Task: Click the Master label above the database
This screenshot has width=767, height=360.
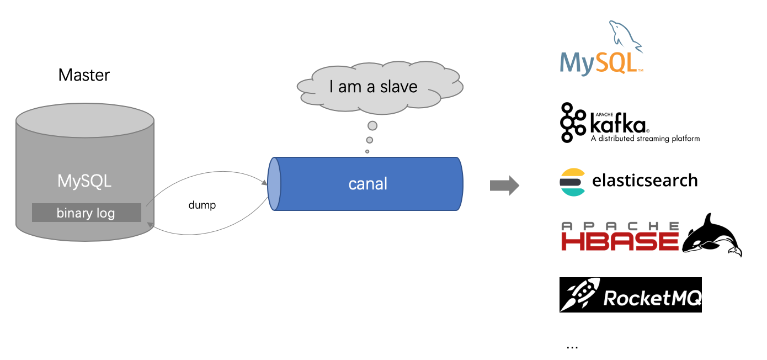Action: coord(84,75)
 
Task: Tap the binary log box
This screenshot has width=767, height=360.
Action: coord(86,213)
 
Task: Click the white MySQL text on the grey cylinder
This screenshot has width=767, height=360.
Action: coord(84,181)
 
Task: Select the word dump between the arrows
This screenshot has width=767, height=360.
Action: coord(202,205)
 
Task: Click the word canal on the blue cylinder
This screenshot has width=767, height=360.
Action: coord(368,184)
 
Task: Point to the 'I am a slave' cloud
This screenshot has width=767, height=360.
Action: coord(380,87)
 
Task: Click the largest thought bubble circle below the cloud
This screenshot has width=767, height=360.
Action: coord(372,126)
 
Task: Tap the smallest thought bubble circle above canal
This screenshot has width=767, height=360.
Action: coord(367,151)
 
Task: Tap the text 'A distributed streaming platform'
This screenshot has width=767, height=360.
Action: coord(645,139)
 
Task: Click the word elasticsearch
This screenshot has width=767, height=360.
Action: coord(645,181)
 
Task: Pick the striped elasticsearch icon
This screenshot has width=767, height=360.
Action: coord(572,182)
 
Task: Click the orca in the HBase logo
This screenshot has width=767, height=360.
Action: coord(711,236)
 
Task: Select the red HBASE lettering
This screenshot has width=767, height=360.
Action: coord(619,241)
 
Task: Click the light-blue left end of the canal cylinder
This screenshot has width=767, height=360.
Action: coord(274,184)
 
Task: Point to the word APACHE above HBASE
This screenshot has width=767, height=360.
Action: coord(619,225)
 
